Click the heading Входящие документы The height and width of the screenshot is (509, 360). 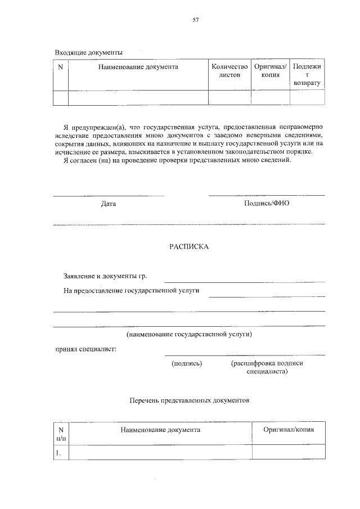[88, 52]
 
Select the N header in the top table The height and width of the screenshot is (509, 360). [61, 67]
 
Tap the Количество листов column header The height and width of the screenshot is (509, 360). [229, 70]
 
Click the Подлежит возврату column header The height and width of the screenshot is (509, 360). [307, 74]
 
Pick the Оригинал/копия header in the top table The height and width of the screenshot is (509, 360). [270, 70]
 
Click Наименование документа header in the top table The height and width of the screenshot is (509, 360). [138, 67]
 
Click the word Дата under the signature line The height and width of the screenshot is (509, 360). [109, 204]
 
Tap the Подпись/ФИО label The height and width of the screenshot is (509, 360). [267, 203]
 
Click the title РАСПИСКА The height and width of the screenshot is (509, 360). [189, 246]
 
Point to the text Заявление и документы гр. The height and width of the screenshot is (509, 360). [109, 277]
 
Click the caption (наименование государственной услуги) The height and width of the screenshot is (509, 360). [189, 335]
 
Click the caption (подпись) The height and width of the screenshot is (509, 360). [186, 363]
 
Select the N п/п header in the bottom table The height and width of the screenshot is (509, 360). [61, 433]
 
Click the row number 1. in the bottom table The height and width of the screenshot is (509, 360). [58, 452]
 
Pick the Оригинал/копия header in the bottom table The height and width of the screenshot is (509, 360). [288, 429]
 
